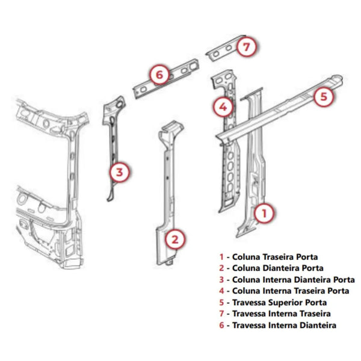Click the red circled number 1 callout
coord(264,213)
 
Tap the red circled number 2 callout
coord(175,239)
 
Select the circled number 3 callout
coord(120,173)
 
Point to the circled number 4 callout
coord(223,107)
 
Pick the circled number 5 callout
coord(324,96)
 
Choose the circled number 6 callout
coord(159,75)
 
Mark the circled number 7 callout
coord(247,47)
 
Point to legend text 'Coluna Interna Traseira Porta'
coord(291,291)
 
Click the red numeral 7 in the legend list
coord(221,314)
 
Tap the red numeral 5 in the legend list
coord(221,303)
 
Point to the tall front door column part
coord(169,193)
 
